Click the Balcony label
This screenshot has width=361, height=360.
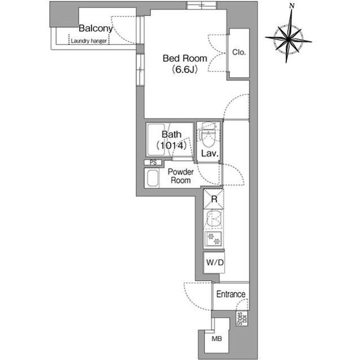(x=96, y=29)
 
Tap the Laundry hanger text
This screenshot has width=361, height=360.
(x=89, y=41)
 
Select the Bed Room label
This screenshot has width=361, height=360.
(x=185, y=59)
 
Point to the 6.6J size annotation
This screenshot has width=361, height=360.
(x=185, y=69)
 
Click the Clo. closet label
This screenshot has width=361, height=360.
(x=239, y=53)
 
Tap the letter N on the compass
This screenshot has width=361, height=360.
(x=292, y=6)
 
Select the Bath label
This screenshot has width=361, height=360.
(x=171, y=135)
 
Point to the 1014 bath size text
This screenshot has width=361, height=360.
(x=171, y=146)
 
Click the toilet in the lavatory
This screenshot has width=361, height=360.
(x=209, y=135)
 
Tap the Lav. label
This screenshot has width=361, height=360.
(x=210, y=153)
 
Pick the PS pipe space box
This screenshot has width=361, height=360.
(x=153, y=162)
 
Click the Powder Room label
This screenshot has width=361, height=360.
(x=180, y=176)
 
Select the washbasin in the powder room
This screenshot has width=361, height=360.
(x=152, y=178)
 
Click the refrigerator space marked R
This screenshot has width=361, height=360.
(x=214, y=199)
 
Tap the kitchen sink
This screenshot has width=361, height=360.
(x=214, y=219)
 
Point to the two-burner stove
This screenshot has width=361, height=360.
(x=214, y=239)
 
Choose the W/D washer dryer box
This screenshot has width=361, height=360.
(x=215, y=262)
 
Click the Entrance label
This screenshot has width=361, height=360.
(x=231, y=294)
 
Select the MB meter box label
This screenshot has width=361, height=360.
(x=217, y=338)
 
